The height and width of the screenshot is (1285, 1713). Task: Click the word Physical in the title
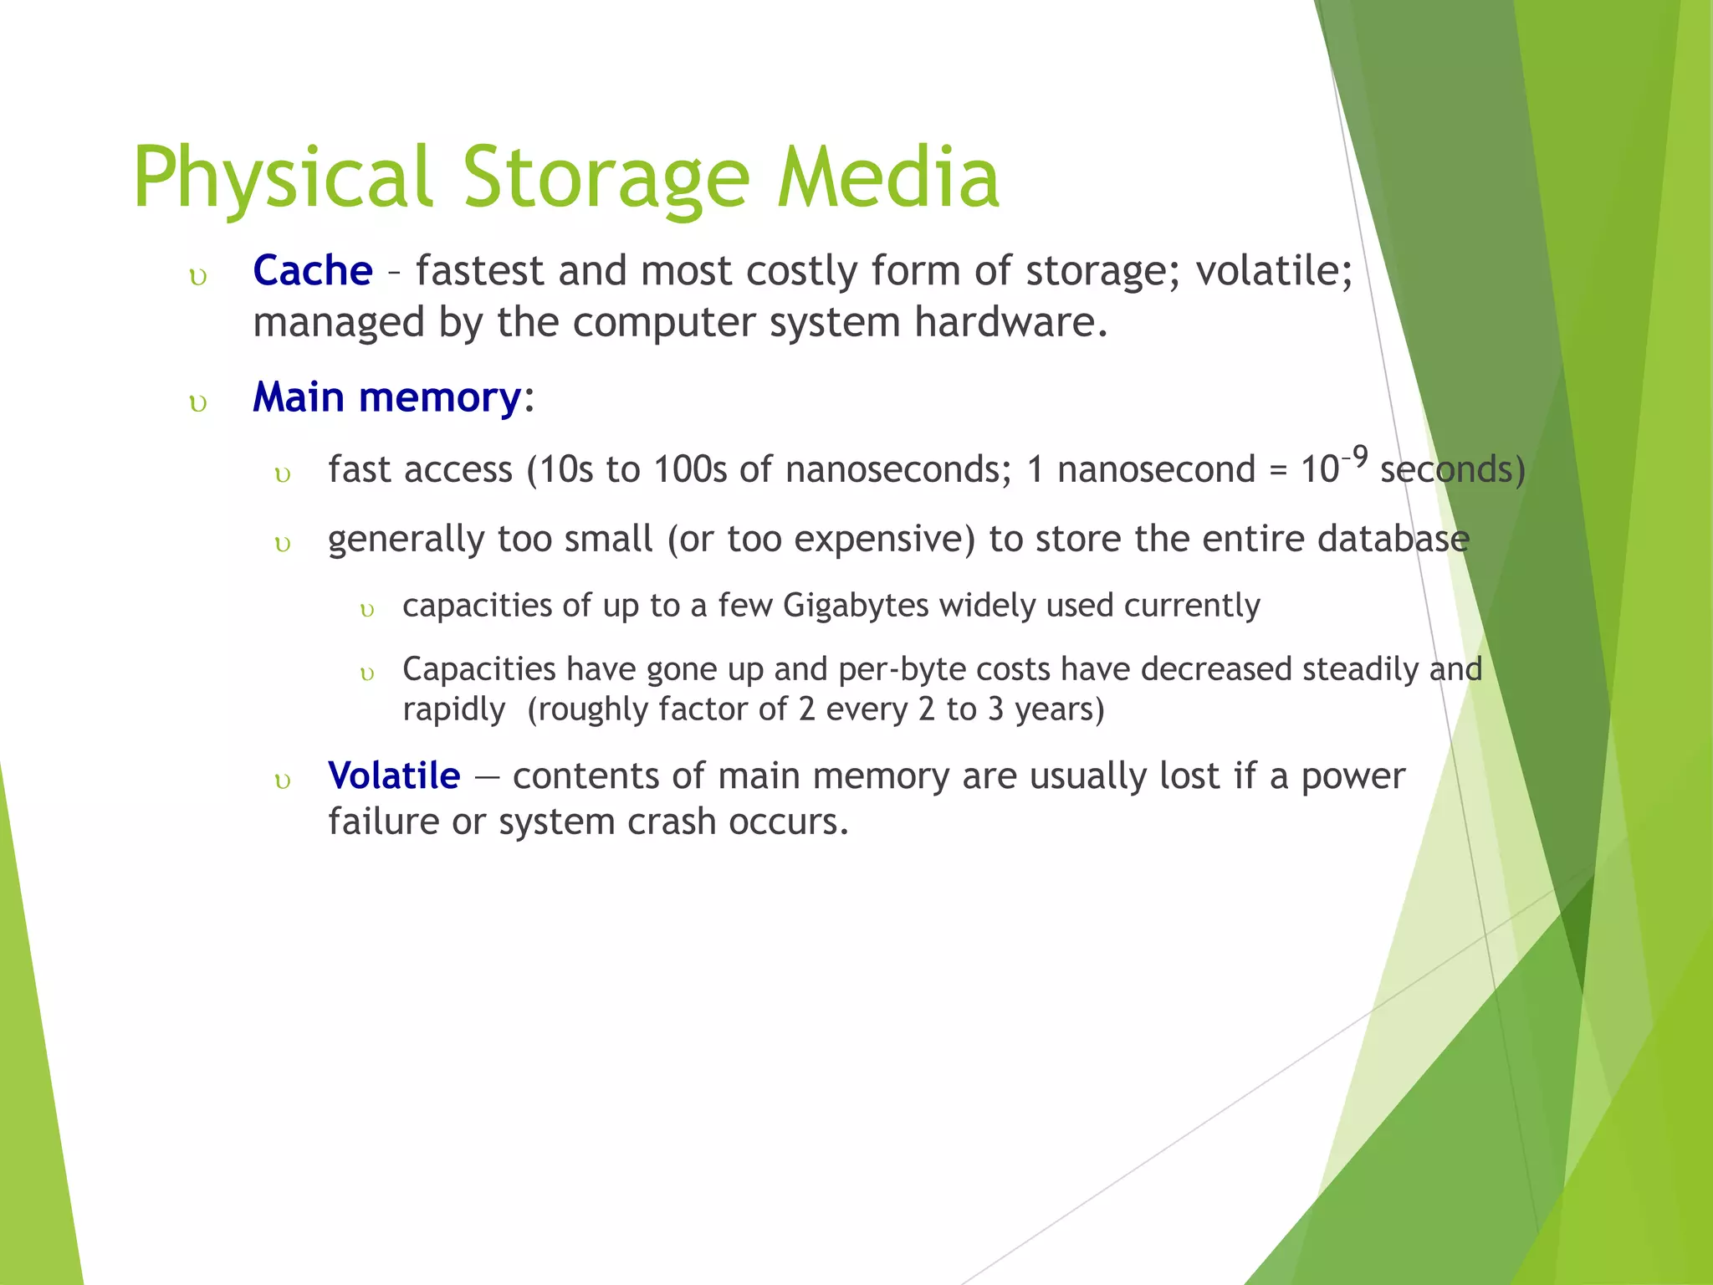283,178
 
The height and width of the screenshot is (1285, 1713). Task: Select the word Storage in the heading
606,178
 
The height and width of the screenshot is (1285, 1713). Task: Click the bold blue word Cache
312,271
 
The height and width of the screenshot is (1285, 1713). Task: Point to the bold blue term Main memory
387,397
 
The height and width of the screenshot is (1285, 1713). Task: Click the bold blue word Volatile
394,776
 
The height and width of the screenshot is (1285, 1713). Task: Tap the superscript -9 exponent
1355,457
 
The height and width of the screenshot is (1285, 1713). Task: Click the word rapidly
453,709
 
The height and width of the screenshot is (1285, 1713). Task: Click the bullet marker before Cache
198,277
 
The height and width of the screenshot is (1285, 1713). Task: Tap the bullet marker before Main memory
198,403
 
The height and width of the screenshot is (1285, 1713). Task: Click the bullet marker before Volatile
283,781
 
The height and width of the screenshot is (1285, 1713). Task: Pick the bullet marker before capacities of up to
366,610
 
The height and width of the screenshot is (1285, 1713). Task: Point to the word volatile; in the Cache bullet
1273,271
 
